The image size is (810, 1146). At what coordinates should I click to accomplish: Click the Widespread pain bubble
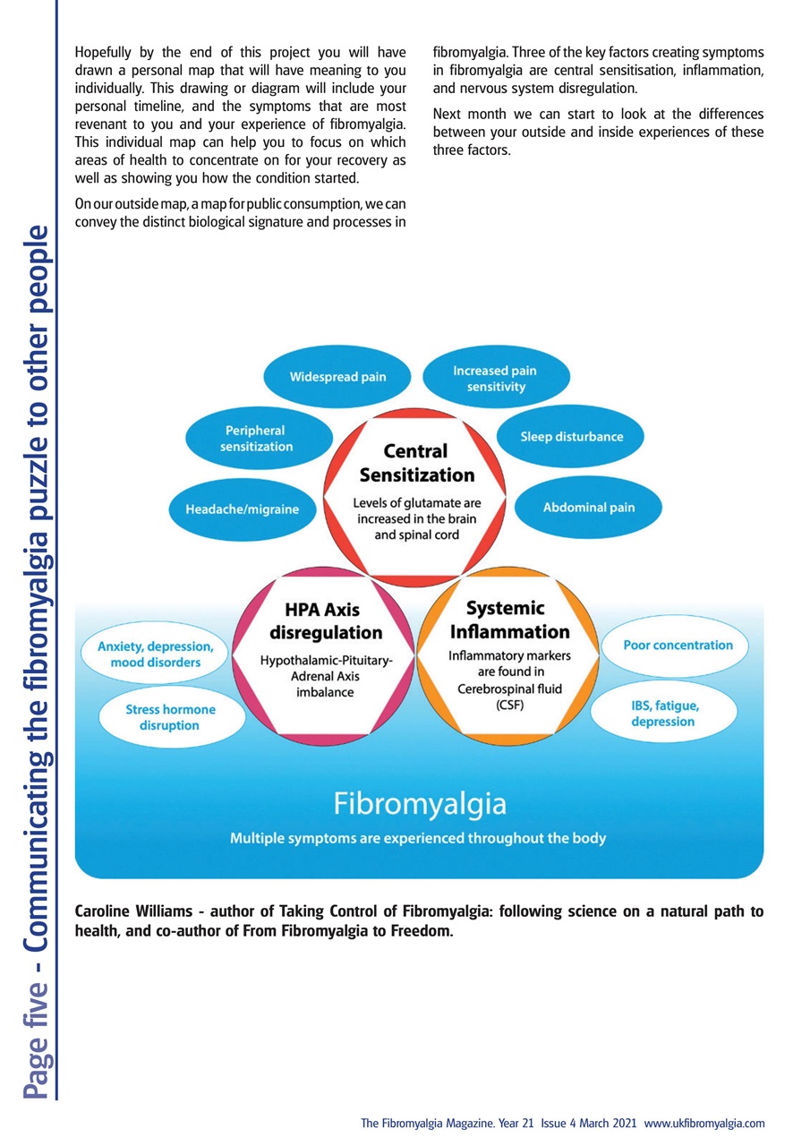337,377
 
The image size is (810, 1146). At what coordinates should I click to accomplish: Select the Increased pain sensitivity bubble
495,379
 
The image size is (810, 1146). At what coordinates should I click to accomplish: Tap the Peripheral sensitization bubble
255,438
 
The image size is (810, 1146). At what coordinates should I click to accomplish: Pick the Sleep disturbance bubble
571,437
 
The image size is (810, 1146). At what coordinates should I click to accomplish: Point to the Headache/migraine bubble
242,509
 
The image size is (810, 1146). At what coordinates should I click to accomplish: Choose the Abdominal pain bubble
588,508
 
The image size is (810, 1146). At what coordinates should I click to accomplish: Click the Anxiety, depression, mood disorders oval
155,654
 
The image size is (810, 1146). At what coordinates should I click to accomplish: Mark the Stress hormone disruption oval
170,717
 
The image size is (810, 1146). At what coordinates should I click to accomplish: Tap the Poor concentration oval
677,645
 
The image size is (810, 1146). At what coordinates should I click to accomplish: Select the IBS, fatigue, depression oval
664,714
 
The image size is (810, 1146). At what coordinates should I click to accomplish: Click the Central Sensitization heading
416,462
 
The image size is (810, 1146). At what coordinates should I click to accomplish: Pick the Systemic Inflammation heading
507,620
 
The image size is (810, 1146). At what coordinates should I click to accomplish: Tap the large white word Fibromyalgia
420,803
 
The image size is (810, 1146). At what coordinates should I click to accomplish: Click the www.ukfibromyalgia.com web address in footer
703,1123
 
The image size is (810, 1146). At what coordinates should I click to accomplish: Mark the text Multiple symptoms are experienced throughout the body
418,839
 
